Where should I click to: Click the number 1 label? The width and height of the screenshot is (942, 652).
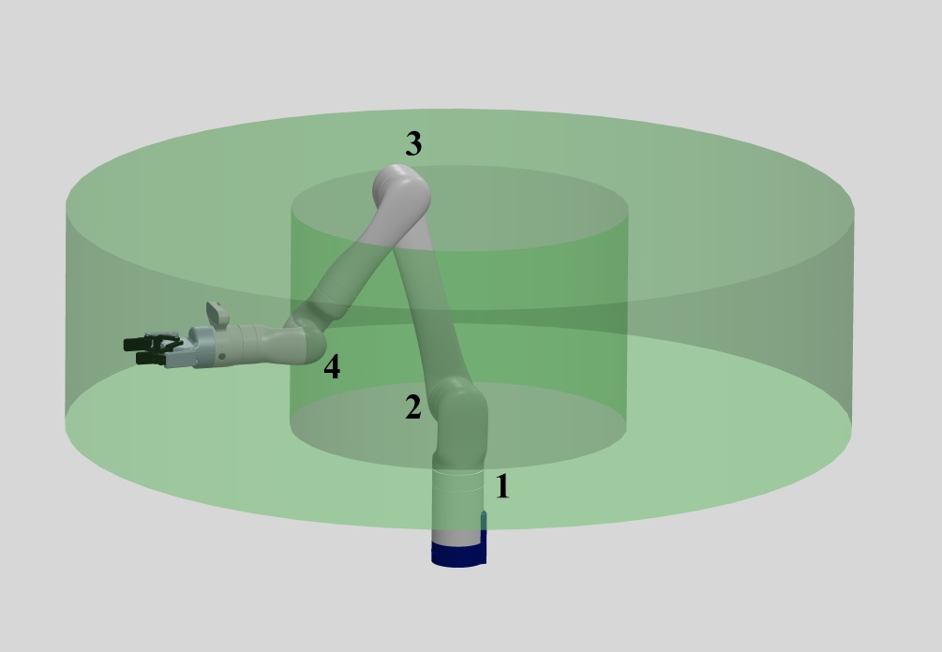click(x=502, y=487)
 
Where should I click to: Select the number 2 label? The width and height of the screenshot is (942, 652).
click(x=412, y=407)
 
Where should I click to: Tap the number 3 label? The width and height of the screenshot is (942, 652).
click(x=413, y=144)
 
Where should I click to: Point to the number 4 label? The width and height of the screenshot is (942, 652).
click(x=332, y=366)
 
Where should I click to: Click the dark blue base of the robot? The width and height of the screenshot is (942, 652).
click(x=458, y=555)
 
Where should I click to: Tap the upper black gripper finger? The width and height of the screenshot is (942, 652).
click(x=143, y=344)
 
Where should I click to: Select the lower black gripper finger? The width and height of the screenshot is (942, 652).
click(x=150, y=358)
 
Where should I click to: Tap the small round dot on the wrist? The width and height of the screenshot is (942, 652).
click(x=222, y=357)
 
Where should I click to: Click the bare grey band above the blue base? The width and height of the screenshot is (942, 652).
click(x=458, y=538)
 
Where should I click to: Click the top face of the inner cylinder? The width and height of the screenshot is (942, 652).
click(x=459, y=208)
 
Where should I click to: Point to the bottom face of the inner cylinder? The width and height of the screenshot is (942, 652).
click(x=458, y=425)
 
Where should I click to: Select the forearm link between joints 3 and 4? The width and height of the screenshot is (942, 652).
click(x=354, y=270)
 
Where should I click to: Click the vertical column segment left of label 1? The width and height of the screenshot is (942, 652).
click(x=458, y=498)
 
